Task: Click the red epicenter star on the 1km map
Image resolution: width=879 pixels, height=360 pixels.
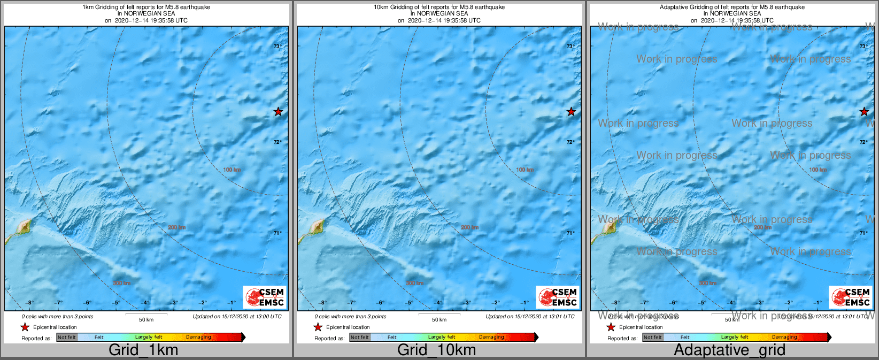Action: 278,112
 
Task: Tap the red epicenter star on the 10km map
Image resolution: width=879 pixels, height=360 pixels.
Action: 571,112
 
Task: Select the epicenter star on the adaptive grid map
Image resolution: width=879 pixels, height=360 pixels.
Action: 864,112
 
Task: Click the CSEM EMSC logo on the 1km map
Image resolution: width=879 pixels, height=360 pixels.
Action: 265,297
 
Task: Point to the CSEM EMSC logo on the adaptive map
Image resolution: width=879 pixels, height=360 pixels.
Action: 851,297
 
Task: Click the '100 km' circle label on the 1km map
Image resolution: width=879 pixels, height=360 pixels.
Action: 232,170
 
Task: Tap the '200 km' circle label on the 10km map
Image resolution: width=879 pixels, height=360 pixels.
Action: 470,227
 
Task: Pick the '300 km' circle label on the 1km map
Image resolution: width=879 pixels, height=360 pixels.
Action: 122,283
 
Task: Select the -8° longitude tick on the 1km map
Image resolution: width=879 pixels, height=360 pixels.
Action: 29,303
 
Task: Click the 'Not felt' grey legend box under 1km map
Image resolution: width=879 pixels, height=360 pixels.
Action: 67,338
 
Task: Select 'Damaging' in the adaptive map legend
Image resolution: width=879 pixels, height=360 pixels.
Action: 784,338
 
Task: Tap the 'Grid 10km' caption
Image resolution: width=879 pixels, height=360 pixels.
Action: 436,350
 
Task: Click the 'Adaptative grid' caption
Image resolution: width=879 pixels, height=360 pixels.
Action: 729,350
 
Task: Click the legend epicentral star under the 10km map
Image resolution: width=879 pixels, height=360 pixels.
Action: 318,327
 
